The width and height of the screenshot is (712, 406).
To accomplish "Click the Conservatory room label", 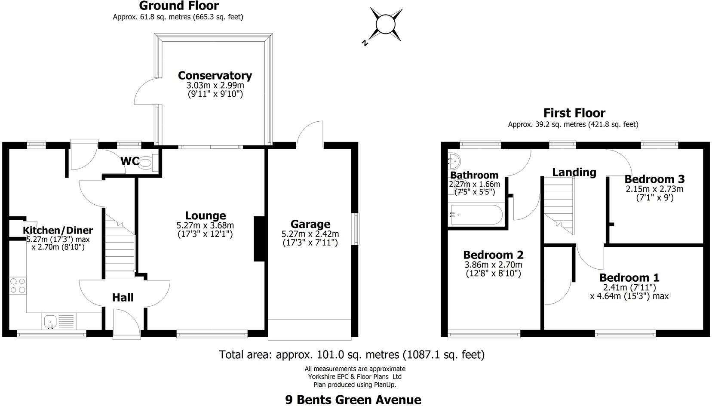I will coord(215,76).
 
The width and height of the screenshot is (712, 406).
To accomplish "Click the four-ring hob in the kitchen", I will coord(18,286).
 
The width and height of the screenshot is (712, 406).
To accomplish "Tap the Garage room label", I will coord(310,224).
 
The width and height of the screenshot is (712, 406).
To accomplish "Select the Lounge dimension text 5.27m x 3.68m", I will coord(205,225).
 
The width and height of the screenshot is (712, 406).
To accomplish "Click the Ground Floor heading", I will coord(178,6).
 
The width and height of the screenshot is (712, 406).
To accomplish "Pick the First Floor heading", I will coord(574,113).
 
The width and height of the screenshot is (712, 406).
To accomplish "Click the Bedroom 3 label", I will coord(654,179).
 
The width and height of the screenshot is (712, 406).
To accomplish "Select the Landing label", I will coord(574,172).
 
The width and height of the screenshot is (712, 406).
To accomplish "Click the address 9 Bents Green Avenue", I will coord(353,400).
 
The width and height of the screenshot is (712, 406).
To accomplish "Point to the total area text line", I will coord(352,355).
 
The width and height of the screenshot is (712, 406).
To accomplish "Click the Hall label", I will coord(123,298).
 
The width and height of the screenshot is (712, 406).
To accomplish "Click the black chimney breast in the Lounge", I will coord(259,239).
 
